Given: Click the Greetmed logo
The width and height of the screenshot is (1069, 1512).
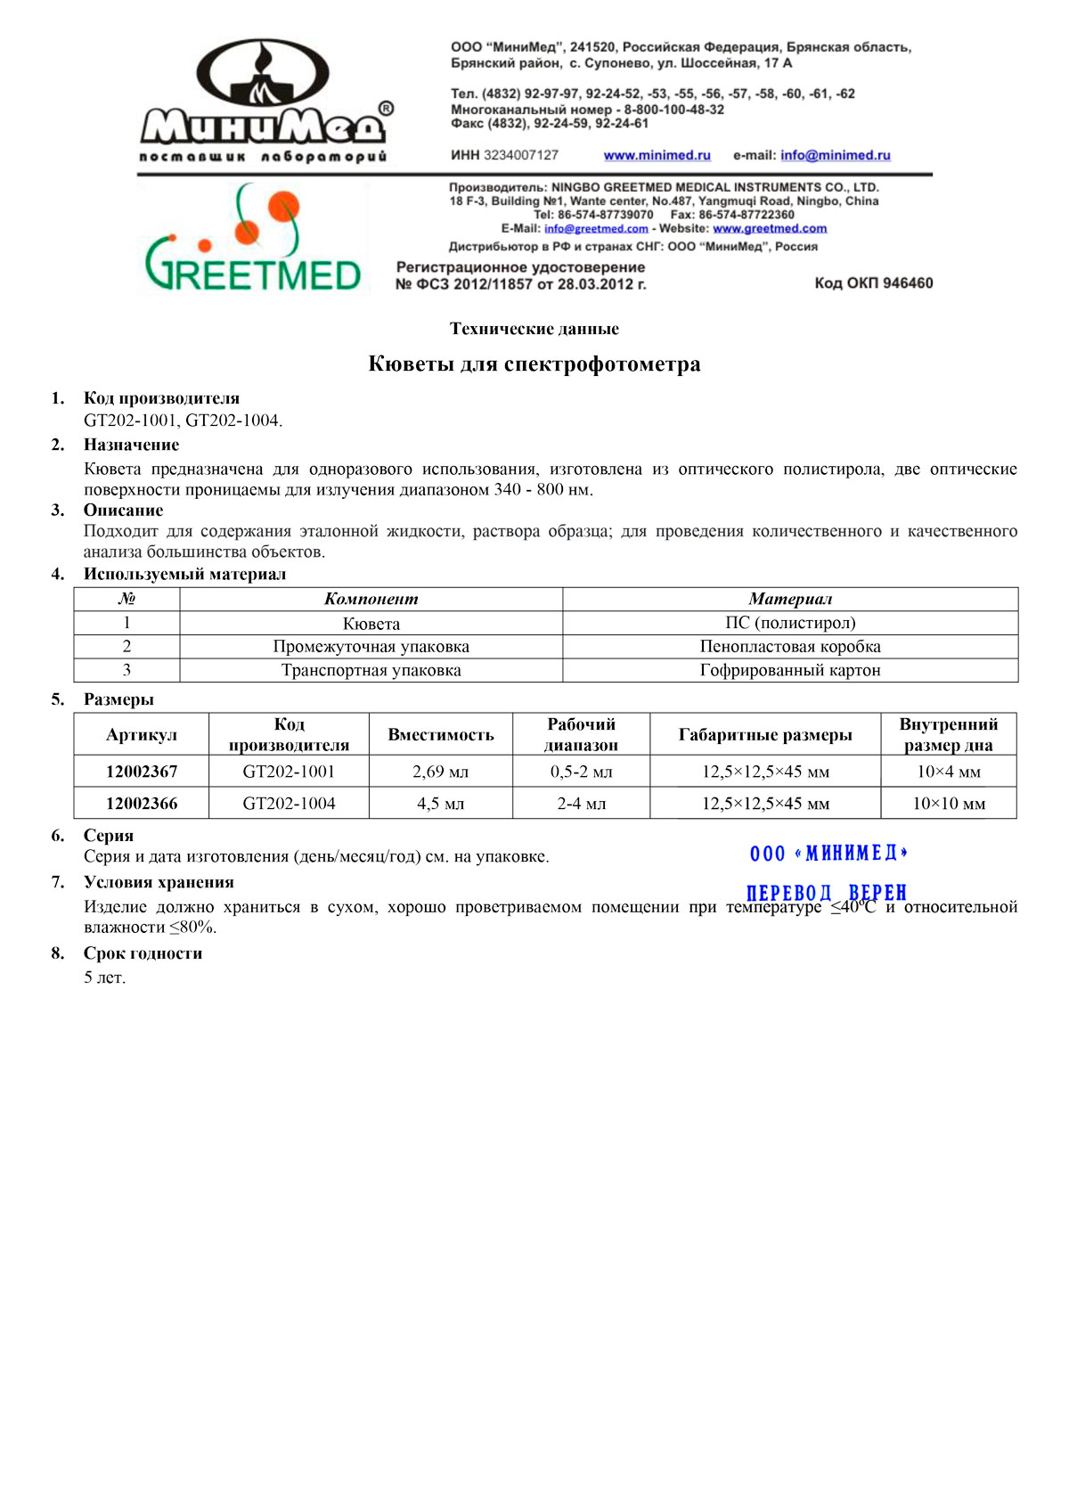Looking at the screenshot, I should click(253, 241).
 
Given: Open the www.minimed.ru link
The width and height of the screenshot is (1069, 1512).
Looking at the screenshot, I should click(657, 155).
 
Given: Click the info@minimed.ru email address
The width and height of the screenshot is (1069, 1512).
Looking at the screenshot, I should click(835, 155).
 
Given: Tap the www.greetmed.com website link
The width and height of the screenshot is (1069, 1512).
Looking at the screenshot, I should click(770, 229).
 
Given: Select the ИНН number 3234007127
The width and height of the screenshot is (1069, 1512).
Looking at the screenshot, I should click(521, 155).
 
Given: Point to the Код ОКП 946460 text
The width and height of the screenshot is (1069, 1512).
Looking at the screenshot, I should click(873, 283).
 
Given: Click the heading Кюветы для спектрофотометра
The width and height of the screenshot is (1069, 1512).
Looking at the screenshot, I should click(534, 364).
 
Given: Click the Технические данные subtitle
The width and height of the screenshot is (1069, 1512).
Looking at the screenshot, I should click(534, 329).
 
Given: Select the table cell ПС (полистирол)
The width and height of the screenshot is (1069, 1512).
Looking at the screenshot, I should click(790, 623).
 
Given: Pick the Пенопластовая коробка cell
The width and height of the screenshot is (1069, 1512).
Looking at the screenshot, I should click(790, 647).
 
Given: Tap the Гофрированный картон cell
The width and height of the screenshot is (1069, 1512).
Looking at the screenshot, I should click(790, 670).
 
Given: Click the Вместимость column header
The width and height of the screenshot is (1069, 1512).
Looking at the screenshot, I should click(441, 735).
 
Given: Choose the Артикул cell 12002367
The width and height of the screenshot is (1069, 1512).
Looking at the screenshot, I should click(142, 772).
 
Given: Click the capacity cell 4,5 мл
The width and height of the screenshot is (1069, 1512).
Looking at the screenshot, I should click(441, 804).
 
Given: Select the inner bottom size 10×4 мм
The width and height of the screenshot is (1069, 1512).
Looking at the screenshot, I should click(949, 772).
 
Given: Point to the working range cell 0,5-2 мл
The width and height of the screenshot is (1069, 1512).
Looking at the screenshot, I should click(582, 772).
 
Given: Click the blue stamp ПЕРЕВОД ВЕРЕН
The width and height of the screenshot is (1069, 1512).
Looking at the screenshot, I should click(827, 893).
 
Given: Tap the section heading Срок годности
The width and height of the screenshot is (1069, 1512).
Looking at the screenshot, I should click(143, 953).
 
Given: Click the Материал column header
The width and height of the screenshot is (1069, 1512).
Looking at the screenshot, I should click(790, 600).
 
